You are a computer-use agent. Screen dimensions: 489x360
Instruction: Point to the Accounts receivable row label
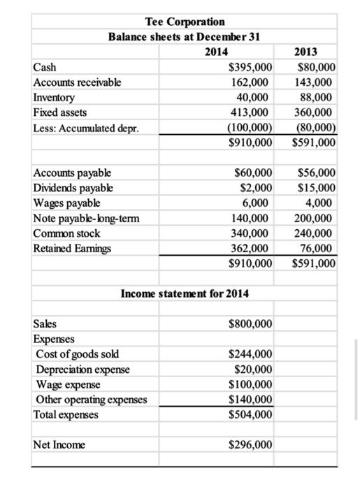click(77, 82)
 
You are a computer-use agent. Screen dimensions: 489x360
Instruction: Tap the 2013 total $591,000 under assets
click(315, 143)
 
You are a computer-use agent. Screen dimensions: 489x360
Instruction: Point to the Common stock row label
click(67, 233)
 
